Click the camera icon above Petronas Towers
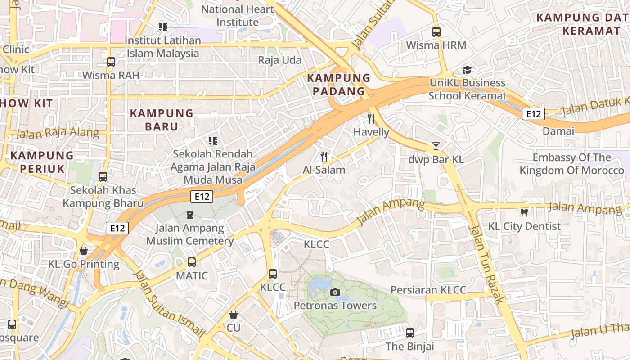point(335,292)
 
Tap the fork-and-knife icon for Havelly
point(371,119)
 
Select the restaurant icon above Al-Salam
point(324,157)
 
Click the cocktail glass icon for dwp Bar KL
point(436,146)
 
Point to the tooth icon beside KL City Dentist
point(524,212)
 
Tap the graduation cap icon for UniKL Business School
point(467,70)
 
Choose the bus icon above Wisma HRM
point(436,32)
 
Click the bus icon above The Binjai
point(409,333)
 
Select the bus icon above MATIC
point(192,262)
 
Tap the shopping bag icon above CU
point(233,314)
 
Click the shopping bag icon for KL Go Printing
point(84,251)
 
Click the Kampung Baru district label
point(162,120)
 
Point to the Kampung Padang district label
point(338,85)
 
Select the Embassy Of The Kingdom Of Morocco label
point(571,164)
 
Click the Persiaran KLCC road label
point(428,290)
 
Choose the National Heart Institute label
point(238,15)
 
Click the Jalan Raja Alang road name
point(58,133)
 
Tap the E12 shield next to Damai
point(533,114)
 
